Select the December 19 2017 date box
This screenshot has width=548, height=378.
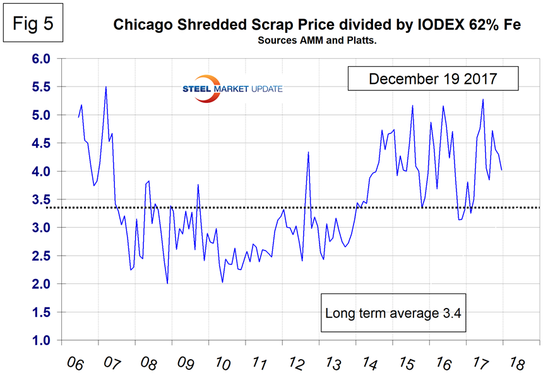click(432, 80)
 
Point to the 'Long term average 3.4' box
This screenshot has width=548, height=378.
click(395, 312)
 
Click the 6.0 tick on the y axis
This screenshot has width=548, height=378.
click(39, 59)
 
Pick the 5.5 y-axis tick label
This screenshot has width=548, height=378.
click(39, 87)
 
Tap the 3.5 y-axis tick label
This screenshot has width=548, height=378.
click(39, 200)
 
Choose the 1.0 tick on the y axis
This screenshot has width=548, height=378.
click(39, 341)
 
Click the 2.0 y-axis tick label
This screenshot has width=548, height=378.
click(39, 285)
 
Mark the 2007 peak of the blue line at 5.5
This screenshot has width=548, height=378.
click(105, 86)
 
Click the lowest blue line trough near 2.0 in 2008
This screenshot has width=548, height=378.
click(167, 283)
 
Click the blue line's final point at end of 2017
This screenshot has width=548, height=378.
click(502, 170)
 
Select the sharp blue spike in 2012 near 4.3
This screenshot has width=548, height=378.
click(308, 152)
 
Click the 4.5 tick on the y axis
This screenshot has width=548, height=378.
click(39, 143)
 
